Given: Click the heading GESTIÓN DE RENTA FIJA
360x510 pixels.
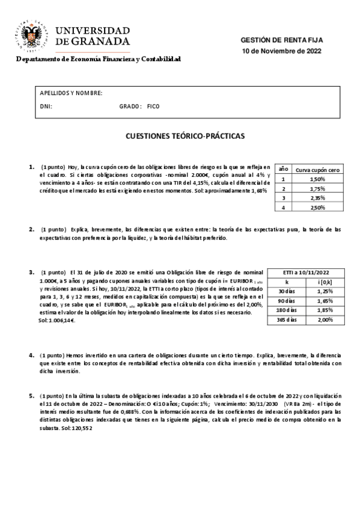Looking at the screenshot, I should coord(281,40).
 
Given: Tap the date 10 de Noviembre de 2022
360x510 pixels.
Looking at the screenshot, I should coord(281,51).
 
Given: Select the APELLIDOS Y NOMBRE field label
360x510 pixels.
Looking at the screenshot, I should coord(71,93).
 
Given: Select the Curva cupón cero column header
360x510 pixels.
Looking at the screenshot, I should coord(318,170).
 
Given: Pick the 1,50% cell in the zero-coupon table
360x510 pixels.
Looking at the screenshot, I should coord(317,179).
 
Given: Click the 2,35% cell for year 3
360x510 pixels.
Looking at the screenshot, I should coord(317,198).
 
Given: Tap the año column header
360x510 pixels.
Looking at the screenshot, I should coord(283,170).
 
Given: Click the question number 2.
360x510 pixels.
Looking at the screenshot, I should coord(31,229).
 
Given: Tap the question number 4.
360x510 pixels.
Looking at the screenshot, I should coord(31,355).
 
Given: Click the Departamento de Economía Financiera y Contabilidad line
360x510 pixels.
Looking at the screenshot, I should coord(99,60).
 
